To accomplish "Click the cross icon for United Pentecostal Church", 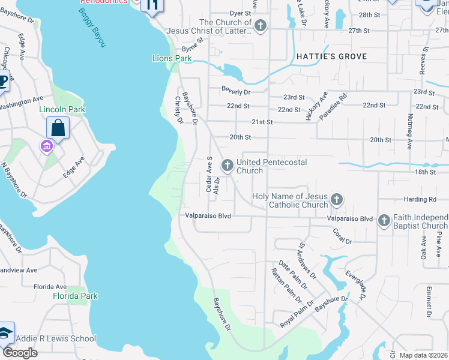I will point(228,165).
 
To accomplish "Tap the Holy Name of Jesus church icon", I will point(337,200).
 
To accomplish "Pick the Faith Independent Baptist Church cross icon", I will point(384,221).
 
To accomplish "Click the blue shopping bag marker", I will point(58,128).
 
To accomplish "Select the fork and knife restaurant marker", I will point(152,5).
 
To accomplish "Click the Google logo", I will point(19,352).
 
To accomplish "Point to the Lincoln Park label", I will point(62,109).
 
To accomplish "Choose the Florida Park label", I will point(75,296).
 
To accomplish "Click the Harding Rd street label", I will point(424,199).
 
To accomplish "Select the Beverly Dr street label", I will point(235,92).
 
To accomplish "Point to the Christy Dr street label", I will point(178,110).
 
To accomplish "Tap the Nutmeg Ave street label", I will point(411,132).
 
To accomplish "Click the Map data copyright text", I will point(423,355).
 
